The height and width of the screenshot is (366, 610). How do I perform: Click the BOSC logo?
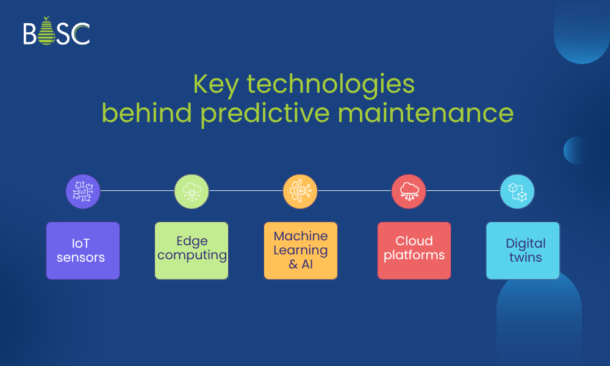57,32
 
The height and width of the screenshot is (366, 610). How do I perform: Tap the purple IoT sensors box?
83,251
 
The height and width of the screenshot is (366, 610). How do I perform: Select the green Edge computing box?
192,251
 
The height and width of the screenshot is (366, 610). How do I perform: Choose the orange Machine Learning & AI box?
301,251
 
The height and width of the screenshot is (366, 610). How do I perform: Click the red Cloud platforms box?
414,251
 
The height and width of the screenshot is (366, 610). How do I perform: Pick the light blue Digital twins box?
523,251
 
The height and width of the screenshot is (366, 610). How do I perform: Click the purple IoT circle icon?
83,191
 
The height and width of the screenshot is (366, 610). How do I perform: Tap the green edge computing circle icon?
192,191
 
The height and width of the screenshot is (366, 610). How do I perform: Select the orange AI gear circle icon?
300,191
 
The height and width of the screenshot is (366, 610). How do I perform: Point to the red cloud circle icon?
409,191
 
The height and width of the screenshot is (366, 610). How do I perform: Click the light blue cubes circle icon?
517,191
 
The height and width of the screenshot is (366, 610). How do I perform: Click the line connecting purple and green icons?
137,191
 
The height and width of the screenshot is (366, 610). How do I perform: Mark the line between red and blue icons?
463,191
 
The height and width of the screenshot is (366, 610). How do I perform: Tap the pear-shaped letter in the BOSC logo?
47,32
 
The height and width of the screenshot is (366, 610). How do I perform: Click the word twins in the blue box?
526,257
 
